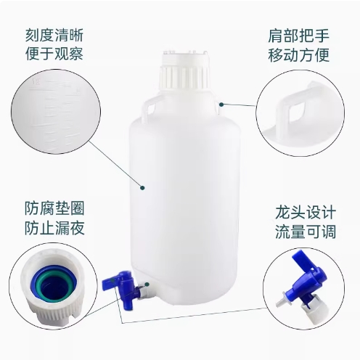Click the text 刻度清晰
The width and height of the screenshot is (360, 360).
[x=54, y=36]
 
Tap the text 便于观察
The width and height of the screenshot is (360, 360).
[x=54, y=54]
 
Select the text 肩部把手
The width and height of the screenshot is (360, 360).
[x=298, y=36]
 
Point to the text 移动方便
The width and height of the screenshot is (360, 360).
[x=298, y=55]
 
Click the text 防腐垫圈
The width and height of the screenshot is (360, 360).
[x=54, y=208]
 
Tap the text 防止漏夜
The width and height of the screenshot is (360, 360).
[x=54, y=228]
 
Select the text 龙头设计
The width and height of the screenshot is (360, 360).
[x=306, y=213]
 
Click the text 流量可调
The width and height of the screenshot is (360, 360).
[x=306, y=232]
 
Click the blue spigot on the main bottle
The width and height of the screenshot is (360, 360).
[x=119, y=286]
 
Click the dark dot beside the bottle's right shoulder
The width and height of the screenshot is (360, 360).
[x=221, y=105]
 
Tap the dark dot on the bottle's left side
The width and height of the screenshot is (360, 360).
[x=142, y=187]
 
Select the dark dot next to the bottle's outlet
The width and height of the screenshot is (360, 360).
[x=147, y=283]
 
